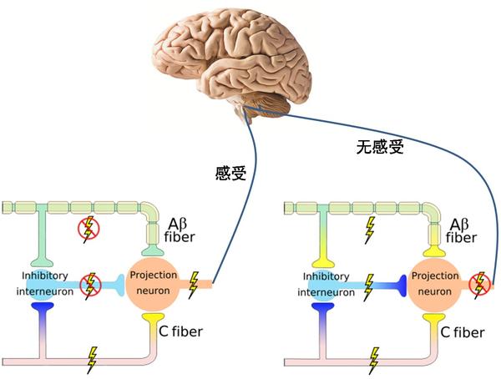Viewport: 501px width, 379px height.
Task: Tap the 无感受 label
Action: tap(380, 148)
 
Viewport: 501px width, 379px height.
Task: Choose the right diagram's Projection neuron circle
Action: tap(434, 285)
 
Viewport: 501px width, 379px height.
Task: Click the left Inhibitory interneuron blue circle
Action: tap(43, 284)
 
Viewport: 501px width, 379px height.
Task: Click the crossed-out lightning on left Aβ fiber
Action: tap(88, 228)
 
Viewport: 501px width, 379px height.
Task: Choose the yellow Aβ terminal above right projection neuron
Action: tap(434, 249)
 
